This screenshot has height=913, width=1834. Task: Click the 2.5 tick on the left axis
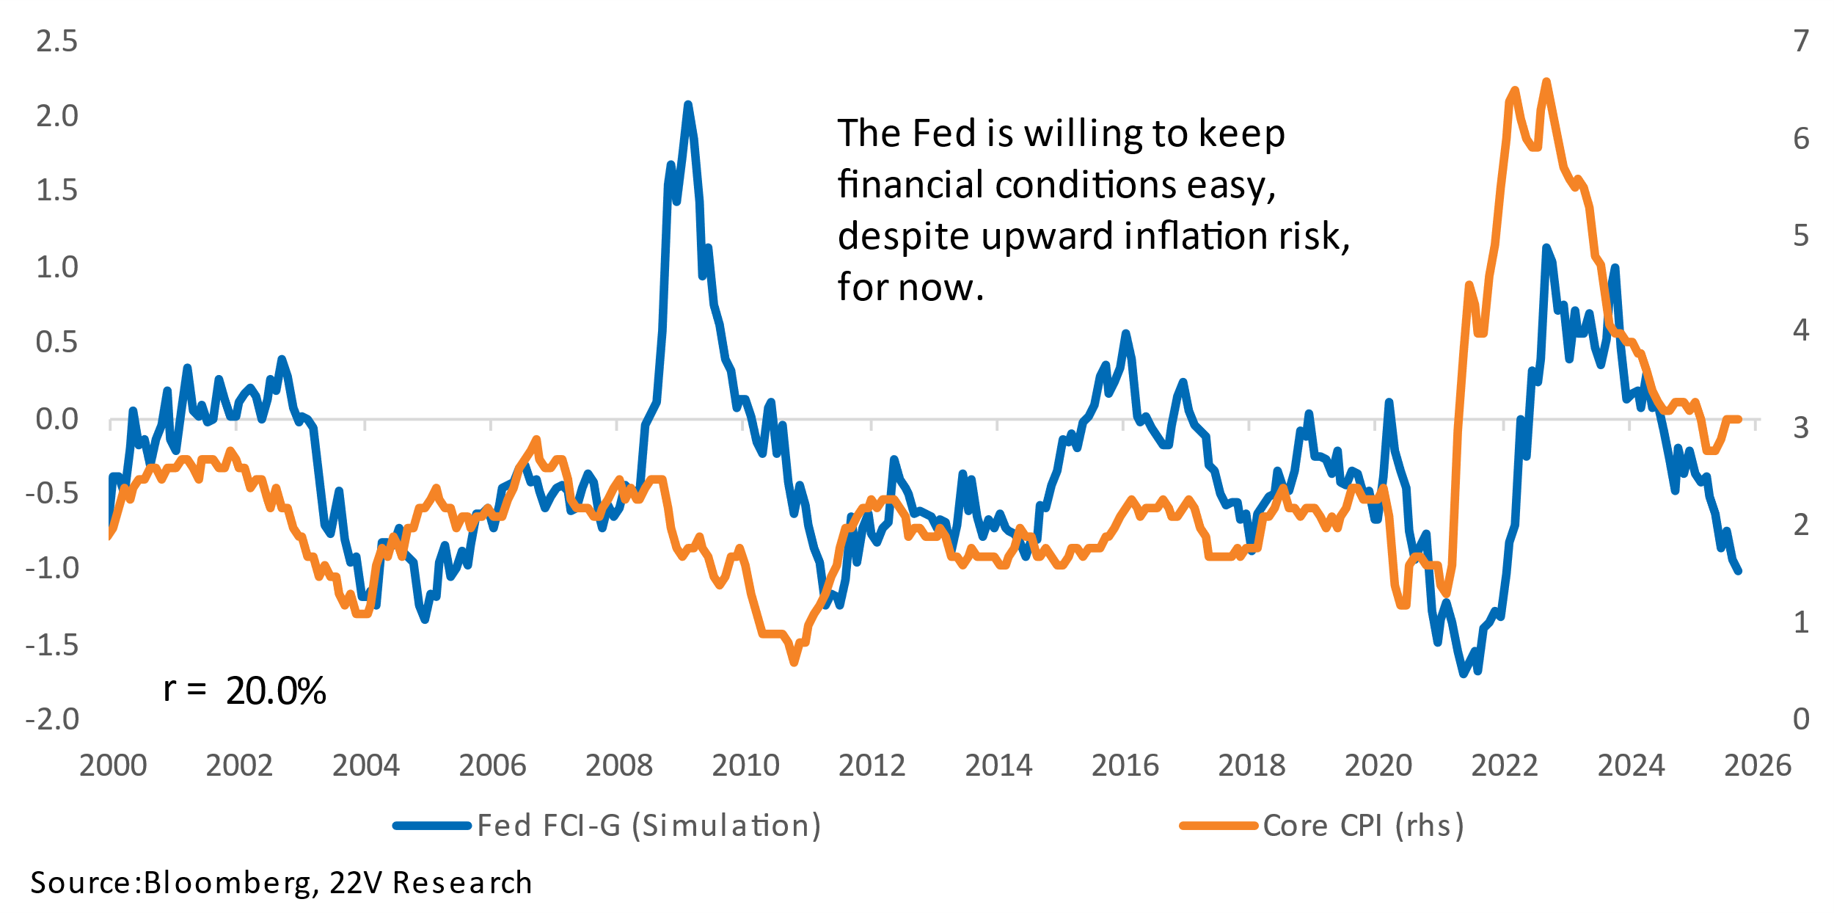click(56, 42)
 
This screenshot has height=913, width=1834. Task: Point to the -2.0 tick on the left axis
click(51, 719)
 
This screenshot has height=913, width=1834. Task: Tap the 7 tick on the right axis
click(1801, 42)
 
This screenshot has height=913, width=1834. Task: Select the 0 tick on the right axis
click(1801, 719)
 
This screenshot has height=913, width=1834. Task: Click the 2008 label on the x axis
click(618, 766)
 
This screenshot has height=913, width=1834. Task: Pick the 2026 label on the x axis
click(1757, 766)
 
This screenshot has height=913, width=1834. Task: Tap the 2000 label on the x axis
click(113, 766)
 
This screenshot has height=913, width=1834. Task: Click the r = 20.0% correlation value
click(275, 691)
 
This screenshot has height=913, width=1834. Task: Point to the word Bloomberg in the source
click(227, 883)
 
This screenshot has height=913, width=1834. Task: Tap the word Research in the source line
click(462, 883)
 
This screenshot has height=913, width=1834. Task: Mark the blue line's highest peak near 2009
click(687, 105)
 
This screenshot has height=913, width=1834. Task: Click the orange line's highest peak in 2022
click(1546, 81)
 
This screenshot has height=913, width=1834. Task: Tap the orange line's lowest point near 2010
click(794, 662)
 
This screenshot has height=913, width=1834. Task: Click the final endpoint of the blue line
click(1739, 571)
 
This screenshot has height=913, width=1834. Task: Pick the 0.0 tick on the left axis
click(56, 419)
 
